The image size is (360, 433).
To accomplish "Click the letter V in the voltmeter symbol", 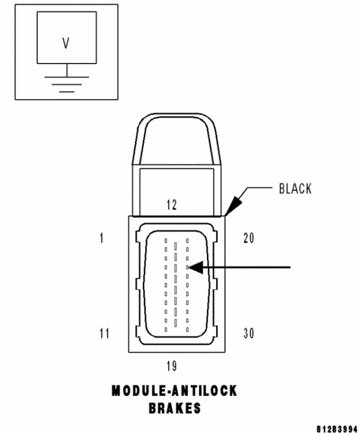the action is [66, 43].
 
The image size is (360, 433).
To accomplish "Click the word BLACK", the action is [295, 189].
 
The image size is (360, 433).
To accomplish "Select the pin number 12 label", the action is [172, 205].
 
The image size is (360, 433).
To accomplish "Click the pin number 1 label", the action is [102, 239].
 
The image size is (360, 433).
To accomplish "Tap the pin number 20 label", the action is [248, 239].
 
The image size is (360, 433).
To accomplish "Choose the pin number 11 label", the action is [104, 333].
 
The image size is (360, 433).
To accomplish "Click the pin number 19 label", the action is [172, 366].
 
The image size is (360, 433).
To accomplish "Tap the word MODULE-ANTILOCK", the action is [174, 391].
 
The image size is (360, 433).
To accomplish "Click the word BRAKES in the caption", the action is [174, 408].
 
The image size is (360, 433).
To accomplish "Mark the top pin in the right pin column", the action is [188, 240].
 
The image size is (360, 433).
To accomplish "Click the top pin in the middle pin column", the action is [176, 245].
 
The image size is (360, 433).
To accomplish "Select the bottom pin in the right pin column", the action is [188, 329].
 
